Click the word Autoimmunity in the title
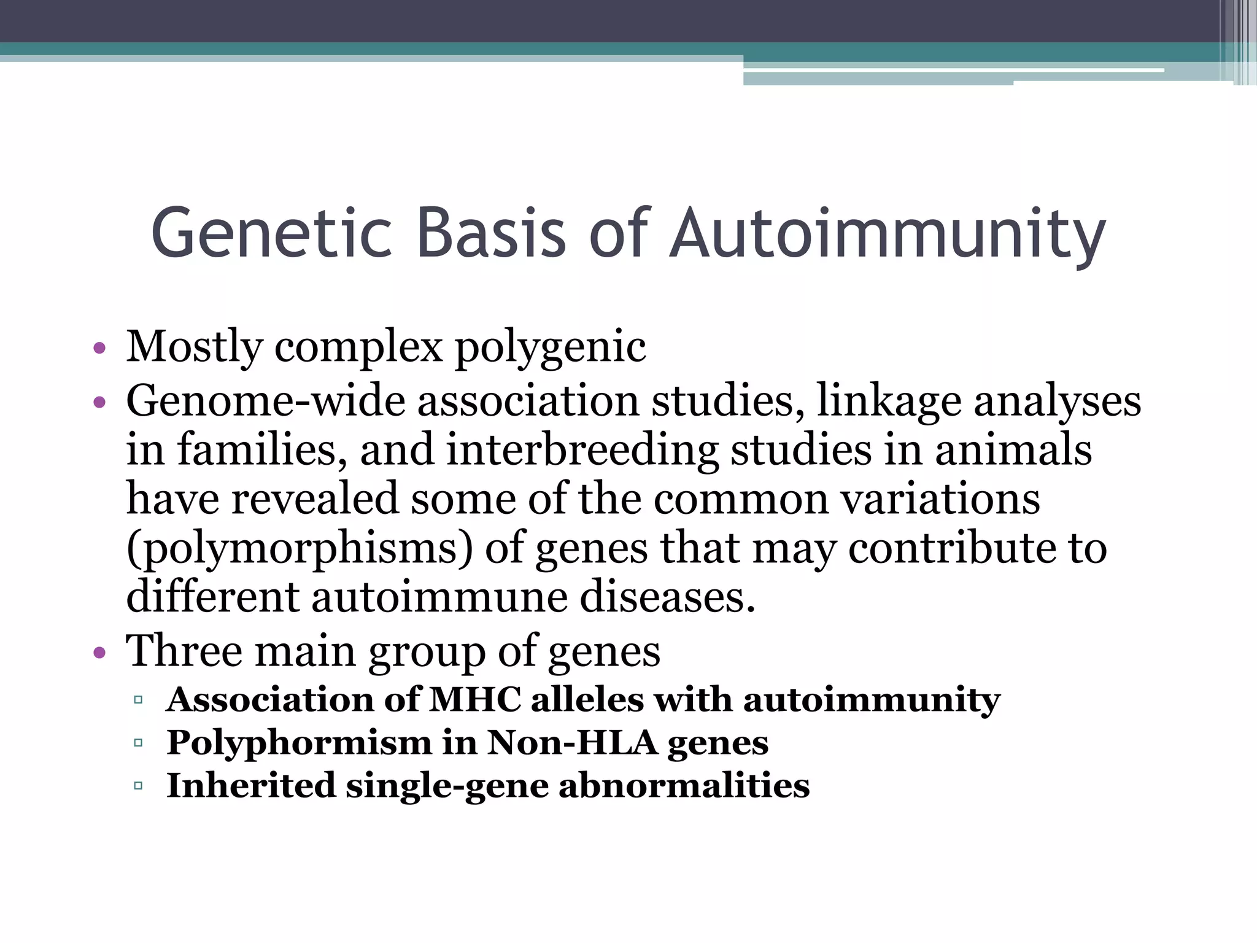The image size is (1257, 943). (887, 233)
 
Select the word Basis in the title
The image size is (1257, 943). (490, 233)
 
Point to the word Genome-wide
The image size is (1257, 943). (265, 402)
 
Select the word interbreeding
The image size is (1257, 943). (581, 449)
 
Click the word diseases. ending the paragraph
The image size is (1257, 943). (667, 597)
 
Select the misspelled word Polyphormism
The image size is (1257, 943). (300, 743)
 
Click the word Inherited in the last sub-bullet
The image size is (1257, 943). (251, 786)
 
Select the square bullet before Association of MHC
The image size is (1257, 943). (137, 700)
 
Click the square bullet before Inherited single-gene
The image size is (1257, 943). (137, 786)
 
